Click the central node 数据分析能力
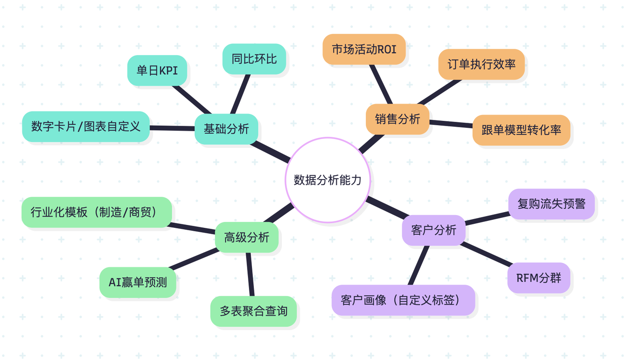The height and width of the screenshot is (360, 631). click(328, 180)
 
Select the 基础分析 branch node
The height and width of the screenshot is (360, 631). click(226, 129)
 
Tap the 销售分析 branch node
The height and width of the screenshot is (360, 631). click(397, 119)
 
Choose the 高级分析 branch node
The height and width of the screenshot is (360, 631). click(246, 237)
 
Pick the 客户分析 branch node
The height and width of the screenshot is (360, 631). click(433, 230)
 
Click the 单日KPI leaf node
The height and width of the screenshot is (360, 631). click(157, 71)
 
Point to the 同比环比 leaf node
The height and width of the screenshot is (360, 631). click(254, 59)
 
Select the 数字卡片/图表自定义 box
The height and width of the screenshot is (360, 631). click(86, 126)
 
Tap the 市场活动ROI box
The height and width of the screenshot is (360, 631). click(364, 49)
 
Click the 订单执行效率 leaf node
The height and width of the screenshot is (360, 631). click(481, 64)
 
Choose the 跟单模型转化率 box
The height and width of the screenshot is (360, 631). click(521, 130)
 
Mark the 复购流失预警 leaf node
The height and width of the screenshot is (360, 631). click(551, 203)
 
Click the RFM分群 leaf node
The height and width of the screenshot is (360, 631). click(538, 278)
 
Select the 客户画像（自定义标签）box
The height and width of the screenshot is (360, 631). click(403, 300)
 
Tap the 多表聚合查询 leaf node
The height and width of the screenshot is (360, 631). click(253, 311)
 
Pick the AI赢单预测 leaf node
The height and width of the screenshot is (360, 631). click(138, 282)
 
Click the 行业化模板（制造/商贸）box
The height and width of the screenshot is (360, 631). click(97, 212)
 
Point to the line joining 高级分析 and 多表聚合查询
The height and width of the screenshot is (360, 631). click(249, 274)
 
